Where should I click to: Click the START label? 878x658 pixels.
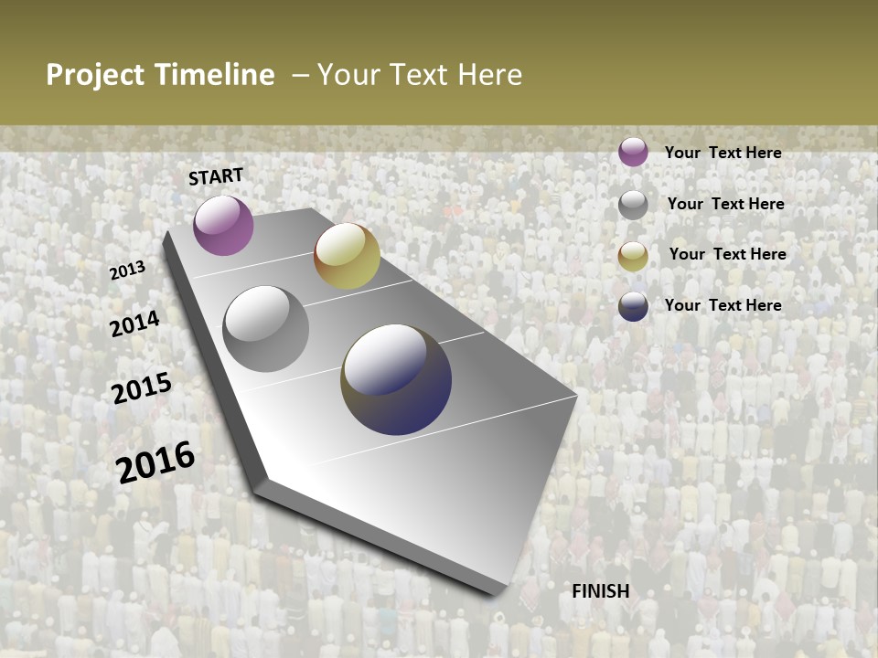coord(216,175)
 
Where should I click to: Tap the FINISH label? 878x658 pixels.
coord(601,591)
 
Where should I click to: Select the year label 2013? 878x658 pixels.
coord(127,270)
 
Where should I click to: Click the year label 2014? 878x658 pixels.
coord(134,324)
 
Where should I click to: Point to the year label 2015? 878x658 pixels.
coord(142,388)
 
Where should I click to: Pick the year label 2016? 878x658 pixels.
coord(155,462)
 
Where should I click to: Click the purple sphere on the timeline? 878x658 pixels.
coord(223,225)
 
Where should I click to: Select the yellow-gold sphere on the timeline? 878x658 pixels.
coord(347,256)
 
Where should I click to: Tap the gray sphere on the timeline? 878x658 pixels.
coord(266,329)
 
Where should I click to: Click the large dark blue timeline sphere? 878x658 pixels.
coord(396,379)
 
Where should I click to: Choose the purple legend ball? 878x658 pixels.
coord(633,152)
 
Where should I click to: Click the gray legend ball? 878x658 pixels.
coord(633,205)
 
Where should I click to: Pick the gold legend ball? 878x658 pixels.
coord(633,256)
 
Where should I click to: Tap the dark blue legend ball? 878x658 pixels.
coord(633,306)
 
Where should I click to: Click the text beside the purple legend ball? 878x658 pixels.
coord(723,153)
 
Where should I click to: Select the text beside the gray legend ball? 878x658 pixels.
coord(725,204)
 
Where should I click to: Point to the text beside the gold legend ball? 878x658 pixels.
coord(727,254)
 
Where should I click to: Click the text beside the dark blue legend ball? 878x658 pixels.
coord(723,305)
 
